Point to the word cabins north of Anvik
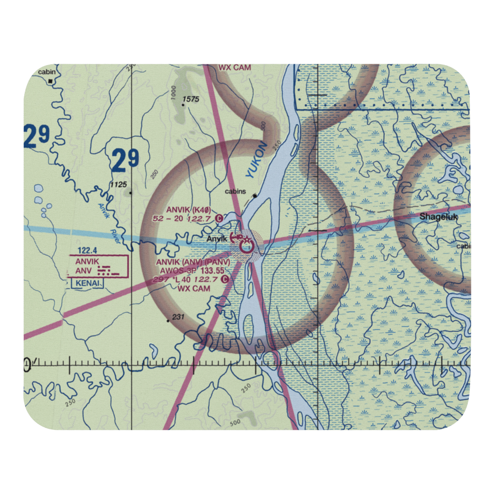(x=235, y=191)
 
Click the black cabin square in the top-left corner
(x=50, y=82)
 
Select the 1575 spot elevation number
(x=190, y=100)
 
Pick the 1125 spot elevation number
(x=119, y=185)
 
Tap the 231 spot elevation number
(x=178, y=317)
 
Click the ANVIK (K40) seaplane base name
(x=187, y=209)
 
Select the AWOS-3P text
(x=176, y=271)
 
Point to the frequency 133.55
(x=212, y=271)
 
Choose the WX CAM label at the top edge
(x=235, y=67)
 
